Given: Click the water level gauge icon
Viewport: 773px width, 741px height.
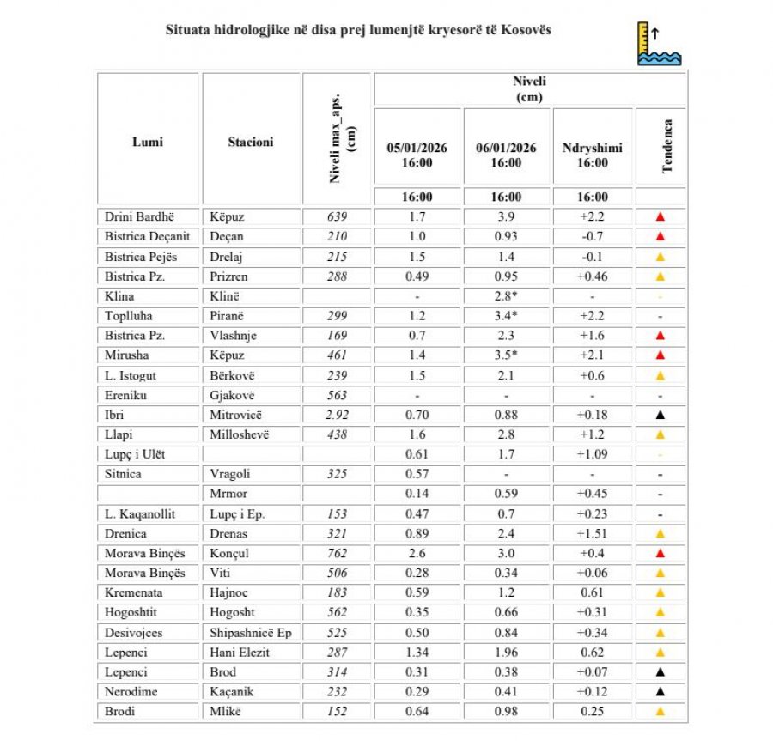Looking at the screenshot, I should [659, 44].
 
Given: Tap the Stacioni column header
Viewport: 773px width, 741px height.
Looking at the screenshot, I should [251, 142].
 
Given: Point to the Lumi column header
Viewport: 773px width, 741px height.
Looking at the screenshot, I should [148, 142].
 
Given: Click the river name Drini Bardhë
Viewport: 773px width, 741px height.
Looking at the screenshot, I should [139, 217].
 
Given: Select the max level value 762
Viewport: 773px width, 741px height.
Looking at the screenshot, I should [337, 553].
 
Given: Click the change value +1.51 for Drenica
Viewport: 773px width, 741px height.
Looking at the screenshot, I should [593, 533].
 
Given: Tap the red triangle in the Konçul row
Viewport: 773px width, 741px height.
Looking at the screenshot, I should [660, 554].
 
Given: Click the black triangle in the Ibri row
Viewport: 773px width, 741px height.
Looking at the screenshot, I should [660, 416].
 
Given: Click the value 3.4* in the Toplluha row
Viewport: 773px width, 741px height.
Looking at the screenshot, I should [506, 316].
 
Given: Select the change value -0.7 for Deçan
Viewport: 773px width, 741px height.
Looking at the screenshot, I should [593, 237].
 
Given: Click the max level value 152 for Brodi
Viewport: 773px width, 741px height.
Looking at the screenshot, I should [337, 711].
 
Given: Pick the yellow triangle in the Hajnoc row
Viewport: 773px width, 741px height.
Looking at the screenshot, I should [660, 593].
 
